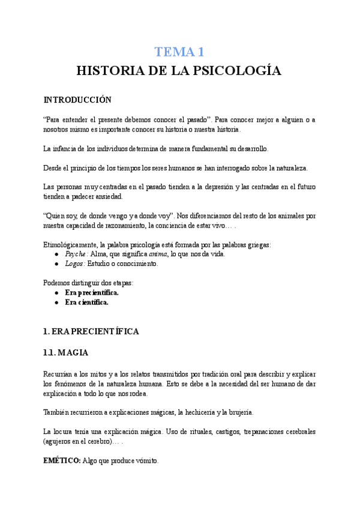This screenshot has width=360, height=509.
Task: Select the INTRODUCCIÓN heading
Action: (78, 100)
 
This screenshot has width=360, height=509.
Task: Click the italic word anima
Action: (157, 254)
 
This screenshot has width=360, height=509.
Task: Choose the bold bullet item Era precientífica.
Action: (92, 293)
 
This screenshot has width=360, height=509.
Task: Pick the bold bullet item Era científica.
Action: (87, 303)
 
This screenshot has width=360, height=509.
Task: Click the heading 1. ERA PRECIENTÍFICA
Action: (91, 331)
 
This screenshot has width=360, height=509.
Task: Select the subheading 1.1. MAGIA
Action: (67, 352)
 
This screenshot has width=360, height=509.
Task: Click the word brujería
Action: (237, 412)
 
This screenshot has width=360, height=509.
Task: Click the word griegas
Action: (257, 244)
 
